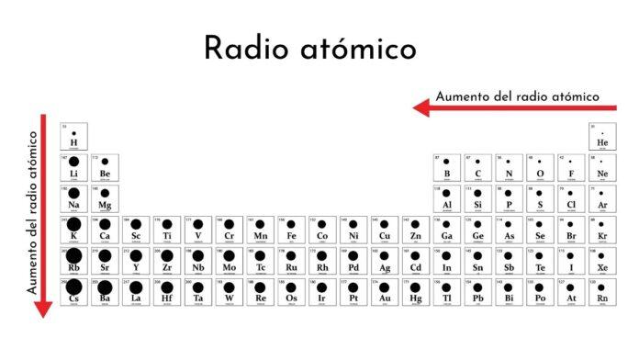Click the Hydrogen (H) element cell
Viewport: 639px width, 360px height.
tap(73, 136)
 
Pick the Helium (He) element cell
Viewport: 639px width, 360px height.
tap(602, 136)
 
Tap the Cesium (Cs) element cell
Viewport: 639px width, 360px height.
tap(73, 291)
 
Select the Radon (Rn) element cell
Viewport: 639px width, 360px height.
tap(602, 291)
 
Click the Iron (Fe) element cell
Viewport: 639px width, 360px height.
tap(291, 230)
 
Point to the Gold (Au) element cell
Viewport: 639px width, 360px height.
tap(385, 291)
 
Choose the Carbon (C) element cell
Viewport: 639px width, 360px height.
tap(477, 167)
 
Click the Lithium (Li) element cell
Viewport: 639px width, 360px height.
tap(73, 167)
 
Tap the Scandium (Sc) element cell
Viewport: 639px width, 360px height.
tap(136, 230)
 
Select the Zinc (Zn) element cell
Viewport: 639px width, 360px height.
tap(415, 230)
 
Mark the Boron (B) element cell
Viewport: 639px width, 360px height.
tap(447, 167)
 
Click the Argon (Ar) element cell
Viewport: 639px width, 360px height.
tap(602, 198)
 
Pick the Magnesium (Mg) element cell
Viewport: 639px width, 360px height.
tap(105, 198)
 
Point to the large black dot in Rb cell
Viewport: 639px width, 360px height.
tap(73, 255)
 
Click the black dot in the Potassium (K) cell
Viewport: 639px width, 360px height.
tap(73, 224)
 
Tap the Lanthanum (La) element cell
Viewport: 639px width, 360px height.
tap(136, 291)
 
